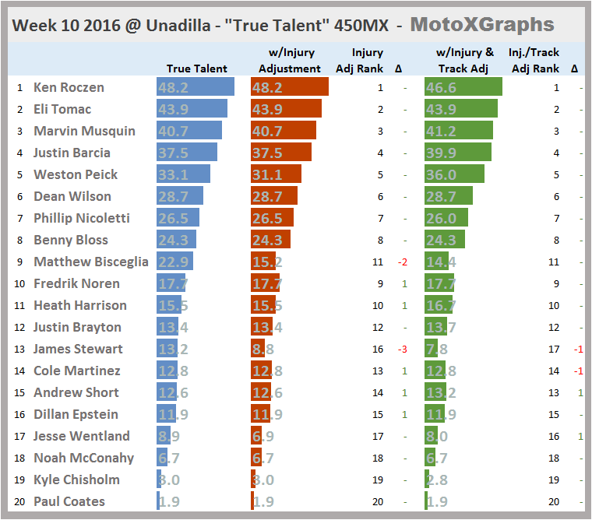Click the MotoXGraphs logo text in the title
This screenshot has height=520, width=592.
(482, 24)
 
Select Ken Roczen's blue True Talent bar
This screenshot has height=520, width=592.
(196, 87)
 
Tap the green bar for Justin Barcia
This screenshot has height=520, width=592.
(458, 153)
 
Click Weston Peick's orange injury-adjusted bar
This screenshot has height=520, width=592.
(278, 174)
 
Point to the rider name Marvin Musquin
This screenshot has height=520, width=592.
(84, 131)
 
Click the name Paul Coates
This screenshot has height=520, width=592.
(69, 501)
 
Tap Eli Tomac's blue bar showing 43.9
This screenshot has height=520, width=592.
(192, 109)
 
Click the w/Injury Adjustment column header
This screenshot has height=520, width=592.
(289, 60)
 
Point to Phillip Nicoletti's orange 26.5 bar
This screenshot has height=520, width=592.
(272, 218)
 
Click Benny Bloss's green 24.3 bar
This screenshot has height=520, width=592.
(445, 240)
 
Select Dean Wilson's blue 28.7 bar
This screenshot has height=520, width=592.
(180, 196)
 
